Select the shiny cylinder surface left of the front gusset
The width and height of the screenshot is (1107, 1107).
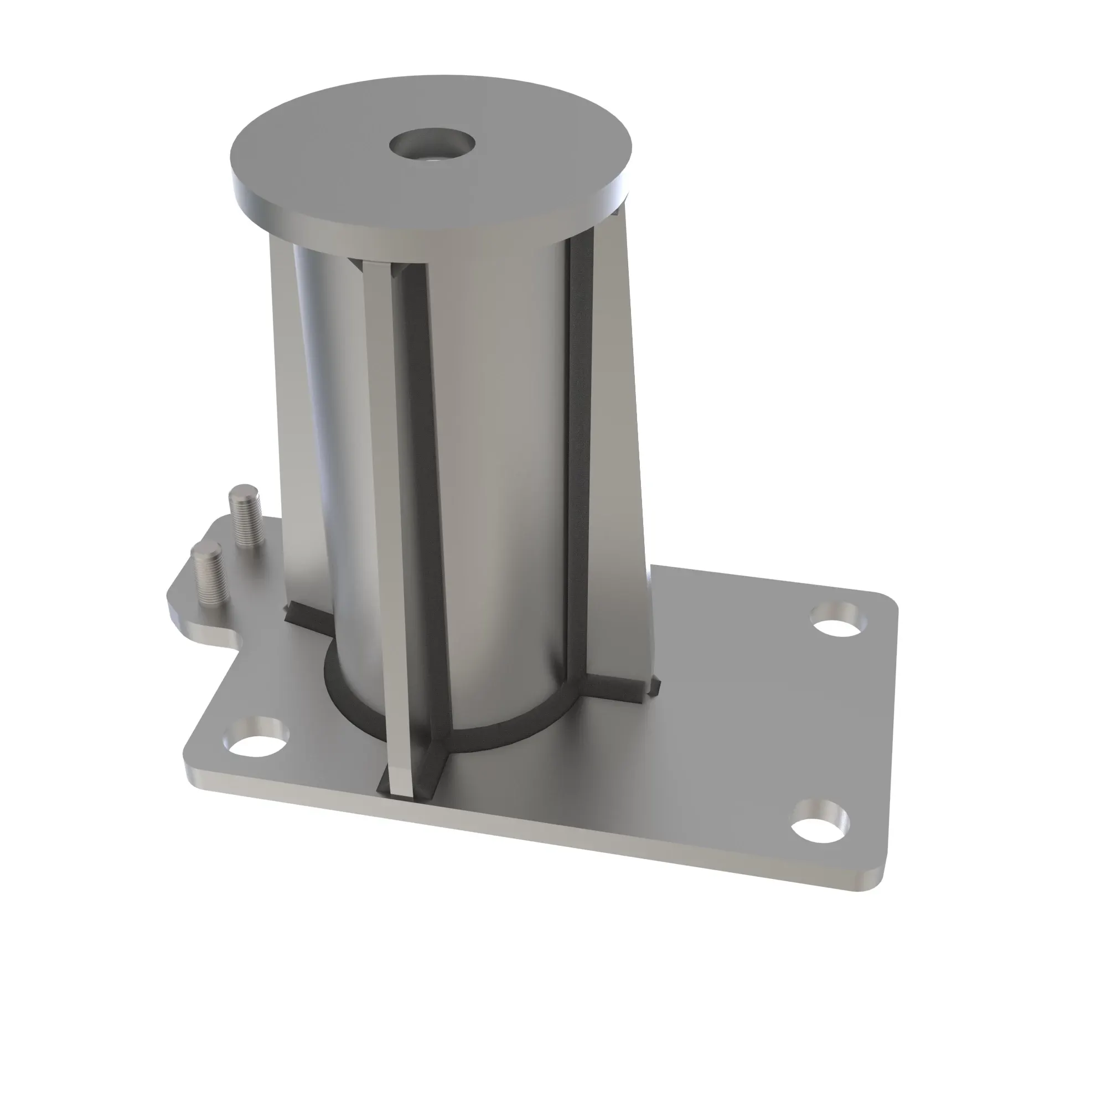coord(338,458)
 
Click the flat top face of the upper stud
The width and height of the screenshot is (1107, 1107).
coord(244,492)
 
